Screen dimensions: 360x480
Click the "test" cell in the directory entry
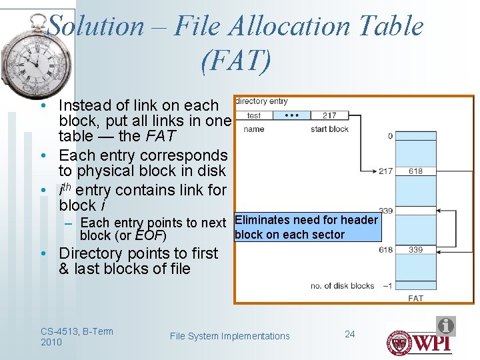pyautogui.click(x=254, y=115)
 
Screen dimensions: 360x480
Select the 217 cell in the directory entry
pyautogui.click(x=329, y=115)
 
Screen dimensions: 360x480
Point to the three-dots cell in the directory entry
pyautogui.click(x=292, y=115)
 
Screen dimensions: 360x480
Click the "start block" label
pyautogui.click(x=329, y=129)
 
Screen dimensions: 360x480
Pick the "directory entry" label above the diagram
pyautogui.click(x=261, y=101)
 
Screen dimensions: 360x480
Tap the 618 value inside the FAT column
pyautogui.click(x=415, y=171)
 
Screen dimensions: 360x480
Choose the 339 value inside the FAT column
pyautogui.click(x=415, y=250)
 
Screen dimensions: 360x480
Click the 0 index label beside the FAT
pyautogui.click(x=390, y=136)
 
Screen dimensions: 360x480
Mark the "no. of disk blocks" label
pyautogui.click(x=342, y=286)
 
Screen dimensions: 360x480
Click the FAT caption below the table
pyautogui.click(x=415, y=298)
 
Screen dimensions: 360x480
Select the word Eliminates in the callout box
pyautogui.click(x=260, y=220)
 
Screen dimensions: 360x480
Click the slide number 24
pyautogui.click(x=350, y=333)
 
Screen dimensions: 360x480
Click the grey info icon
pyautogui.click(x=446, y=326)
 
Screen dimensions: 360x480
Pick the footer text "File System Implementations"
pyautogui.click(x=230, y=336)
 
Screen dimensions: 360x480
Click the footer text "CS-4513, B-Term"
pyautogui.click(x=77, y=331)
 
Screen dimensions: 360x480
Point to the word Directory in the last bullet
pyautogui.click(x=89, y=253)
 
